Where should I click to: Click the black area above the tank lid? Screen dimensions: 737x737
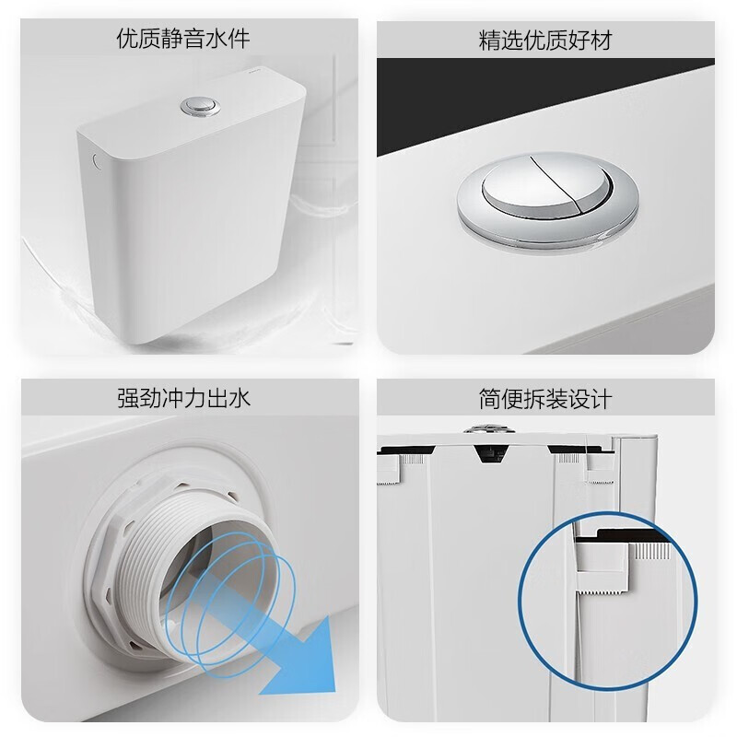click(553, 92)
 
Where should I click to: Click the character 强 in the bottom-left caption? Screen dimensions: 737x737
click(128, 399)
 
